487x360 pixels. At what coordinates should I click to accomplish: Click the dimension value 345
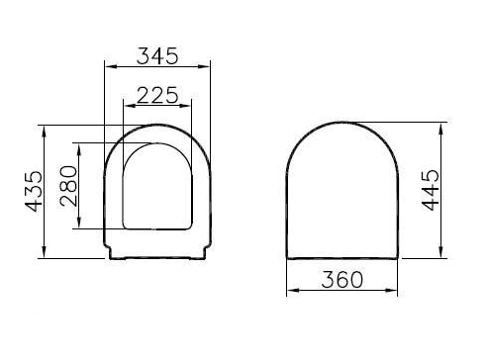(158, 54)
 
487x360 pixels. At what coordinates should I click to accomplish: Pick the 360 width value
(341, 279)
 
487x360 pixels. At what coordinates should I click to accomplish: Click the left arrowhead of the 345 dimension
(108, 67)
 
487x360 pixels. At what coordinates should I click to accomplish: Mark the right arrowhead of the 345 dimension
(209, 67)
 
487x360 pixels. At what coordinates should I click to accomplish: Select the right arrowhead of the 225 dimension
(191, 105)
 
